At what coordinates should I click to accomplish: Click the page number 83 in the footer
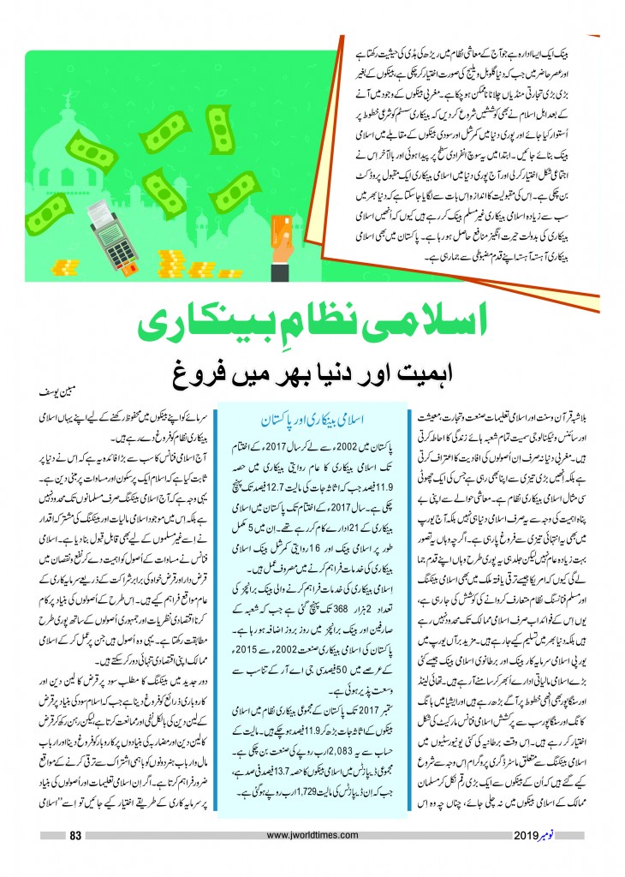click(74, 860)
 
